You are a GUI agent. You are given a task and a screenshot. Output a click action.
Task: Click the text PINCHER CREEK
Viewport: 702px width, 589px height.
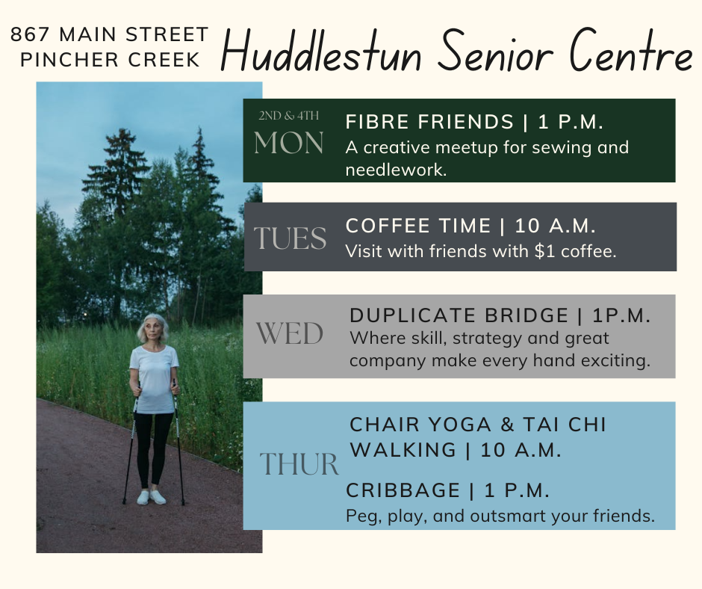[110, 60]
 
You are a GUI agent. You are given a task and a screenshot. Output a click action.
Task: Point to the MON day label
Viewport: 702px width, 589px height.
[289, 144]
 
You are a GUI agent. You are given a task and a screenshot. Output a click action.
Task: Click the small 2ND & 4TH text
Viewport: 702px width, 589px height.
[289, 116]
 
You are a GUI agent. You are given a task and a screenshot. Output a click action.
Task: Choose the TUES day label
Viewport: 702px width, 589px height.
[290, 238]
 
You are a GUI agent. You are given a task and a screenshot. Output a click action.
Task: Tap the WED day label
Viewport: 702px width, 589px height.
[290, 334]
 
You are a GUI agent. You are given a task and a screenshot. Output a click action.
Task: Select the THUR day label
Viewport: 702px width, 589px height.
[299, 463]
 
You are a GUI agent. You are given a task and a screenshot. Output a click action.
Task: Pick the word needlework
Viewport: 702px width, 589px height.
[397, 170]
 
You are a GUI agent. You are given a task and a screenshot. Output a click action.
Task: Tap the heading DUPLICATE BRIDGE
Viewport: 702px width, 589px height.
[459, 315]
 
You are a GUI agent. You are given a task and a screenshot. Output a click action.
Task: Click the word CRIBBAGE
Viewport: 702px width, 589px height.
[403, 490]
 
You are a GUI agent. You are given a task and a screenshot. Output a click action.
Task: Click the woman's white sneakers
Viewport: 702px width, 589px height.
[152, 496]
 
